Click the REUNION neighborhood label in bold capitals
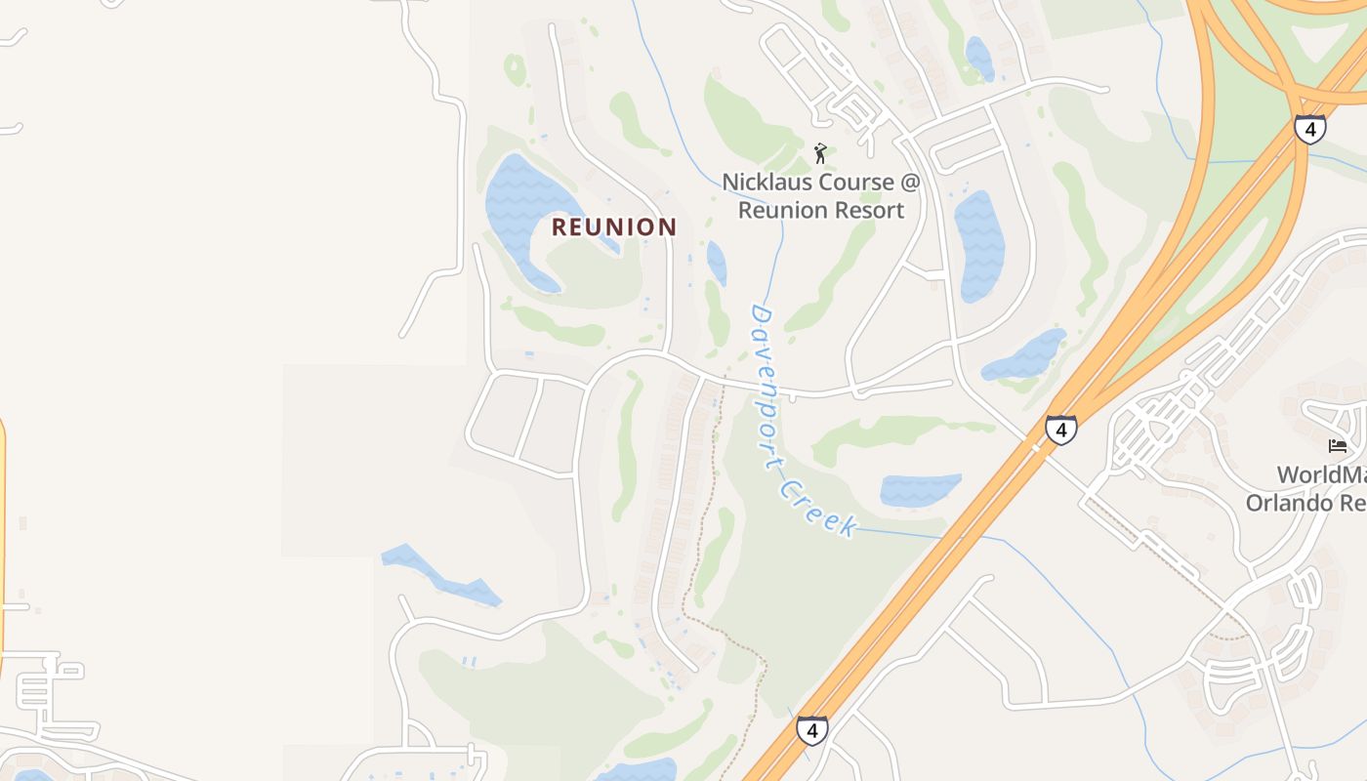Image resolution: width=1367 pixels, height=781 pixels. pyautogui.click(x=614, y=227)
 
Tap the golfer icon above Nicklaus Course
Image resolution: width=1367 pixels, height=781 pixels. pyautogui.click(x=821, y=153)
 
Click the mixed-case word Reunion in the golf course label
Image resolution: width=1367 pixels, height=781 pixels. pyautogui.click(x=781, y=210)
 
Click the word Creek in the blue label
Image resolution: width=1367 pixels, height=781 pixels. pyautogui.click(x=819, y=509)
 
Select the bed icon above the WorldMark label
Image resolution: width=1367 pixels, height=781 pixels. pyautogui.click(x=1338, y=446)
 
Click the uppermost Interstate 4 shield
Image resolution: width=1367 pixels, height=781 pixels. pyautogui.click(x=1309, y=128)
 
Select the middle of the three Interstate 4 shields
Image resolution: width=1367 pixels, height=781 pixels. pyautogui.click(x=1060, y=429)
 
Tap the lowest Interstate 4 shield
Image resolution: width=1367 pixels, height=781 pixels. pyautogui.click(x=811, y=729)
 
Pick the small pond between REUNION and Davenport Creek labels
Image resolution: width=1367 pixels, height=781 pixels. pyautogui.click(x=717, y=263)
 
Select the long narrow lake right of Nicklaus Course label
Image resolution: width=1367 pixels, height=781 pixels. pyautogui.click(x=979, y=245)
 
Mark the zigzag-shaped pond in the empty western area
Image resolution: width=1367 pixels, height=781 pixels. pyautogui.click(x=441, y=576)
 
